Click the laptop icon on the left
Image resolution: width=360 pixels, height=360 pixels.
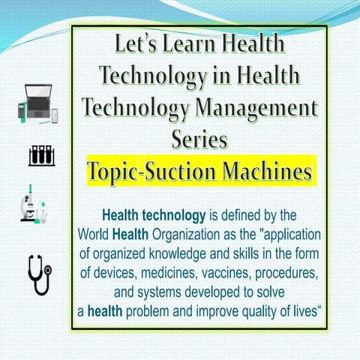(x=39, y=103)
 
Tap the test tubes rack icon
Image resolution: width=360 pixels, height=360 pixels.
(x=41, y=155)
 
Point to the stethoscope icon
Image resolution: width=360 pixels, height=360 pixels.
(x=40, y=274)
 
